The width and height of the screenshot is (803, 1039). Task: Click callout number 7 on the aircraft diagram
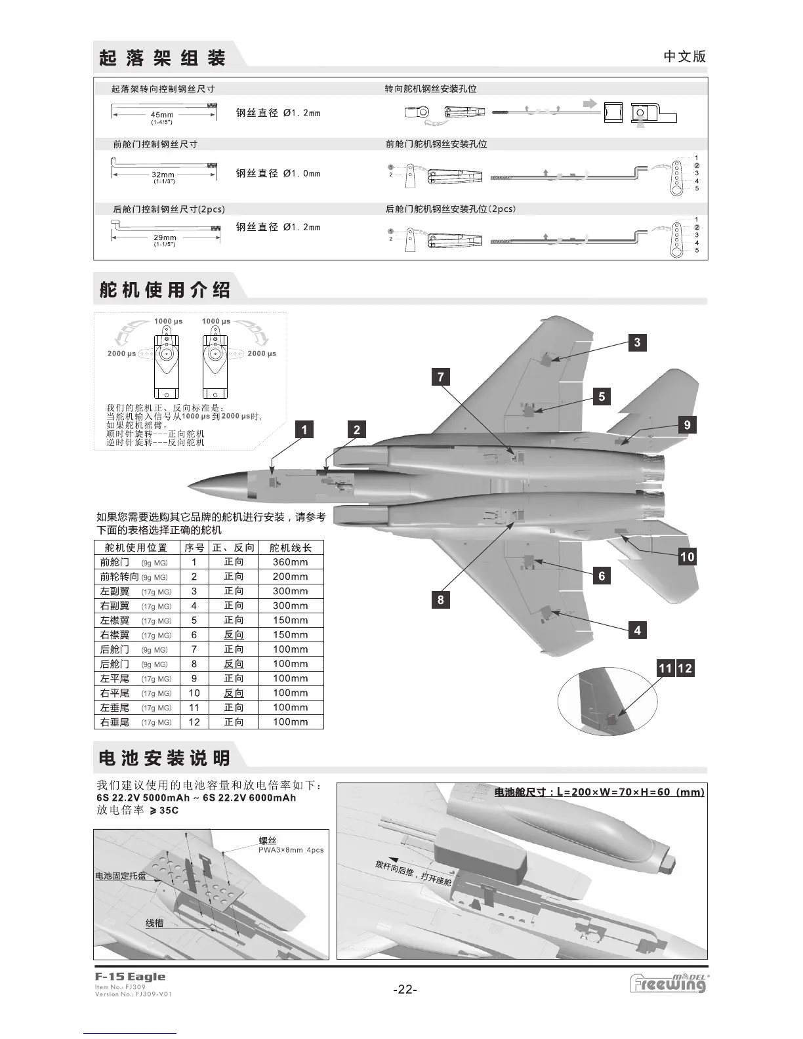(441, 377)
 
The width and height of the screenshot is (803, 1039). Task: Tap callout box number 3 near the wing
(637, 342)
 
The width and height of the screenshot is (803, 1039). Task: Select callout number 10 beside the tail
(687, 558)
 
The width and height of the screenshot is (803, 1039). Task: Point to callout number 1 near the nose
(304, 430)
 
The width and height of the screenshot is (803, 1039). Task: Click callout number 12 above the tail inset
(685, 668)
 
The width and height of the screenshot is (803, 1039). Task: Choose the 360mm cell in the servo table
(290, 562)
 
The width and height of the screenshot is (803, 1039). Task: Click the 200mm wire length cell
(290, 577)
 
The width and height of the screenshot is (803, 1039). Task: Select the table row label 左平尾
(115, 678)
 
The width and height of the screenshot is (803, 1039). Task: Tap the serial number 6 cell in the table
(194, 635)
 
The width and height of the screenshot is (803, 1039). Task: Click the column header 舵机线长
(290, 548)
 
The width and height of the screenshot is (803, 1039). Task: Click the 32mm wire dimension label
(163, 175)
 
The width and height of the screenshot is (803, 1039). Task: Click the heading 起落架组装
(162, 58)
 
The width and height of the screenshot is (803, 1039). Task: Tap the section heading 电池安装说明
(164, 759)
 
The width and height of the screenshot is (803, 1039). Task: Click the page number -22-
(405, 990)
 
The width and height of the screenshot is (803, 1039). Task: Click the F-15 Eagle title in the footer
(130, 977)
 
